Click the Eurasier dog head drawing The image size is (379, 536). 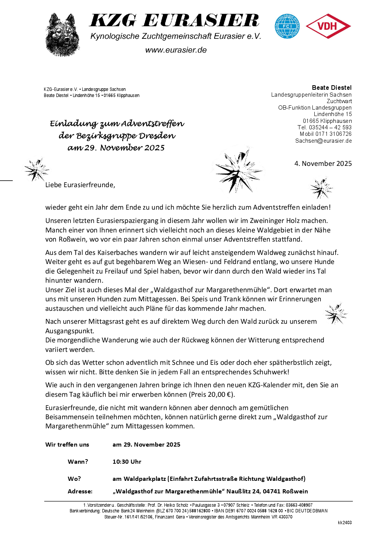click(62, 35)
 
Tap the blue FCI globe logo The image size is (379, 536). click(287, 26)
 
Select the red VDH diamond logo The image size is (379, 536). click(328, 26)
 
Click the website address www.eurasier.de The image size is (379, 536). click(176, 50)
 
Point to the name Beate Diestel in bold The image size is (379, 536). click(331, 87)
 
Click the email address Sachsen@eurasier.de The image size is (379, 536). click(323, 141)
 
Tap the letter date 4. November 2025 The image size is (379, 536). click(323, 164)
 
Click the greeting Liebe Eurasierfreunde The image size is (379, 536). click(80, 185)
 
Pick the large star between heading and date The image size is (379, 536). click(239, 170)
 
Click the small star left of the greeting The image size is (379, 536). click(36, 169)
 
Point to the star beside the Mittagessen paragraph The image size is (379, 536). click(336, 314)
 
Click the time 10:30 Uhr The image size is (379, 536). click(127, 461)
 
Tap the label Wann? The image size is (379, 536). click(78, 461)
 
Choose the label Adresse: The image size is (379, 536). click(80, 491)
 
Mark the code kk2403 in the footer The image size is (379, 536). click(344, 523)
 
